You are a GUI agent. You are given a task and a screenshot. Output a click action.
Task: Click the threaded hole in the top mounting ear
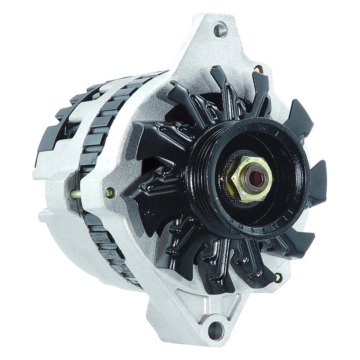220,30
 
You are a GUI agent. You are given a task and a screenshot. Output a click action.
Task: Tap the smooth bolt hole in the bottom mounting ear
216,331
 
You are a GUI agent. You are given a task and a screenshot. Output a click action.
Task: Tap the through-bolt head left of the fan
110,192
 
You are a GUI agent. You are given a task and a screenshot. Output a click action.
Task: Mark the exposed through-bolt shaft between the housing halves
75,194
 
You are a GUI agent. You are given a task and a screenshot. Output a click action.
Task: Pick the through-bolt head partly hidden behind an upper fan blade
257,69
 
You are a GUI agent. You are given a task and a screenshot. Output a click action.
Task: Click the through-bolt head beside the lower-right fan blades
277,277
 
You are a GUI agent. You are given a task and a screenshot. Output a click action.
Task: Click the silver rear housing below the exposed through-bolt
60,232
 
